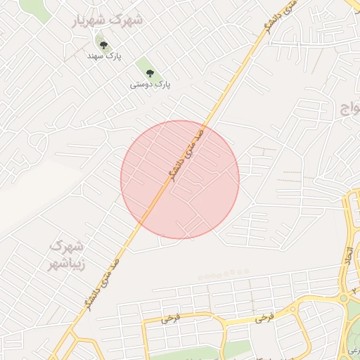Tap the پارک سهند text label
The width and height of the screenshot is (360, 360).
(104, 55)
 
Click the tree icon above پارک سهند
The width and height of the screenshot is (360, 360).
(104, 45)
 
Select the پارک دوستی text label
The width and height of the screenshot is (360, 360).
(150, 84)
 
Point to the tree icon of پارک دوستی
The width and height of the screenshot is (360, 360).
(149, 73)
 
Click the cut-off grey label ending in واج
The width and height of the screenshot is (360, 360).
(349, 108)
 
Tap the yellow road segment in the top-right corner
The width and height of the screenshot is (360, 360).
(354, 6)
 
